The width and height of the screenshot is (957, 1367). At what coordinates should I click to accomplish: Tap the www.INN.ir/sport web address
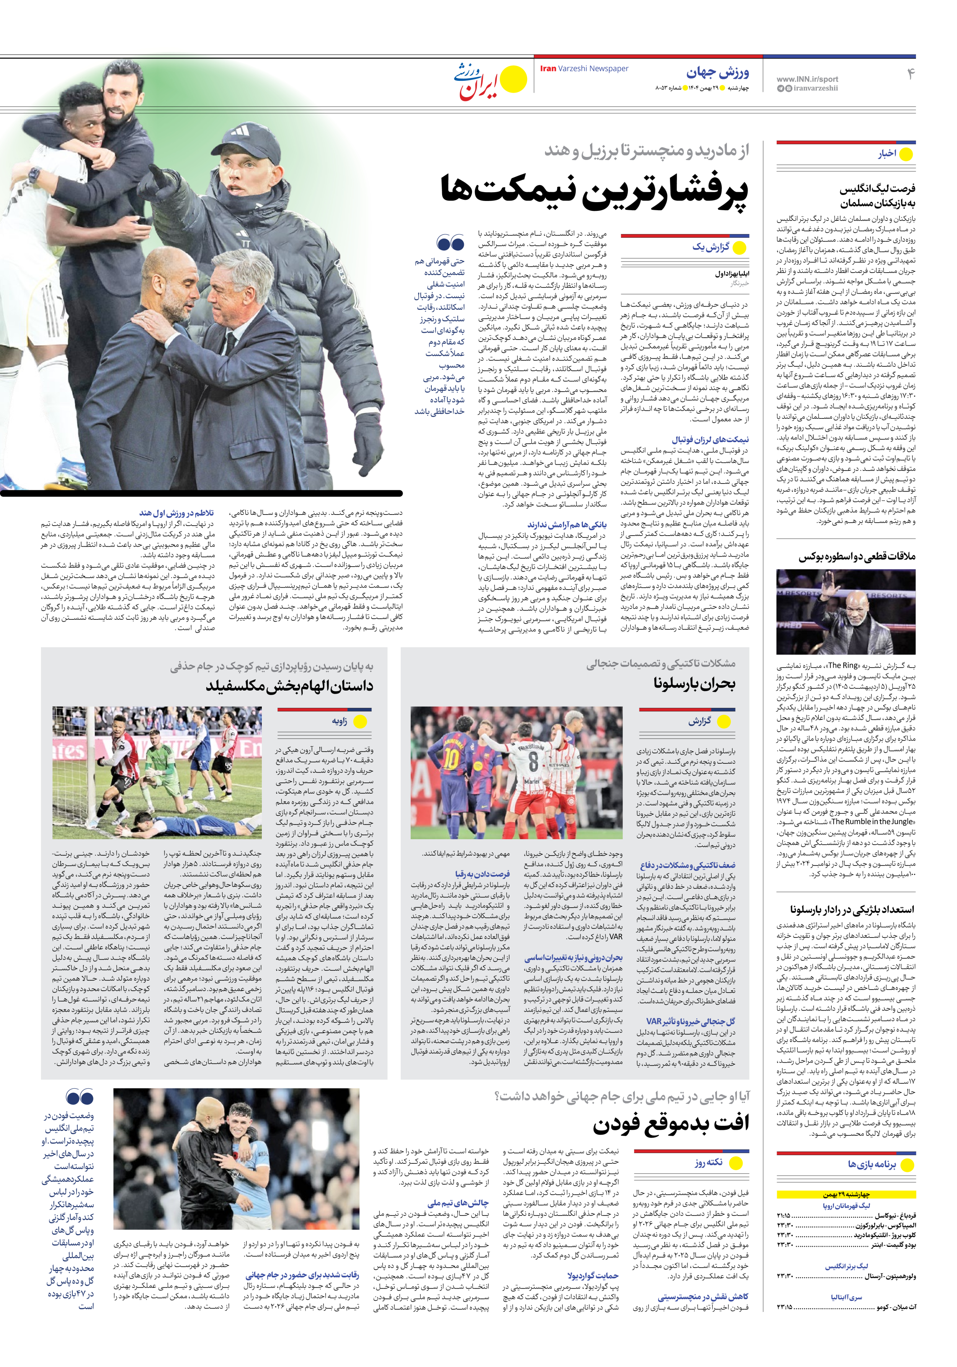pyautogui.click(x=807, y=78)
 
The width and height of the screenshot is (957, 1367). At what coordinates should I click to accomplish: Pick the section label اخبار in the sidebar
pyautogui.click(x=887, y=154)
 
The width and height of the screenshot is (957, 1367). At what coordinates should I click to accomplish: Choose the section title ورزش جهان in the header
pyautogui.click(x=718, y=73)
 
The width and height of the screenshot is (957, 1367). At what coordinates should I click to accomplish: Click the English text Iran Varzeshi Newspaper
pyautogui.click(x=584, y=69)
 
